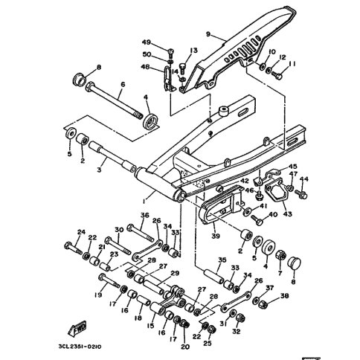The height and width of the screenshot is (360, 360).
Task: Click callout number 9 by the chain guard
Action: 209,33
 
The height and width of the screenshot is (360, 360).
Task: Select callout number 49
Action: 147,43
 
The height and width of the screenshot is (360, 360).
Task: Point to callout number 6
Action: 122,85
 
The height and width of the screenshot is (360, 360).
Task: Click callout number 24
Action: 81,232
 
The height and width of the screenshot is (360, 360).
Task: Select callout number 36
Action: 144,216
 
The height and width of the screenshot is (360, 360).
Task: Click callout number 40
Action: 272,215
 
